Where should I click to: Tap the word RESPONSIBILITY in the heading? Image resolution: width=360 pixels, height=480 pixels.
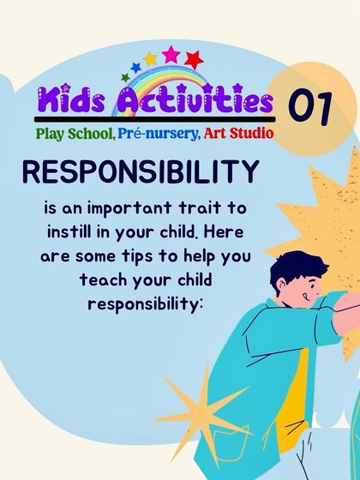[x=141, y=173]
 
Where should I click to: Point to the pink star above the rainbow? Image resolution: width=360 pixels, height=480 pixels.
[x=171, y=54]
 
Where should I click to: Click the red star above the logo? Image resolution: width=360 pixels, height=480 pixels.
[x=193, y=60]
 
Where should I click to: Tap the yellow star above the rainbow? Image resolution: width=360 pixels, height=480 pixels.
[x=150, y=59]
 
